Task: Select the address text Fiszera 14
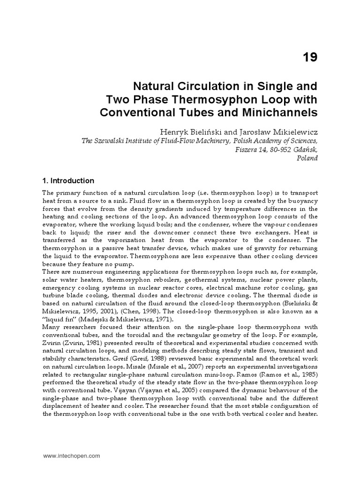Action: coord(250,149)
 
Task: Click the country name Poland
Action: coord(307,158)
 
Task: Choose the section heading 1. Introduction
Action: coord(68,181)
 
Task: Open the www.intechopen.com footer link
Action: coord(72,455)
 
